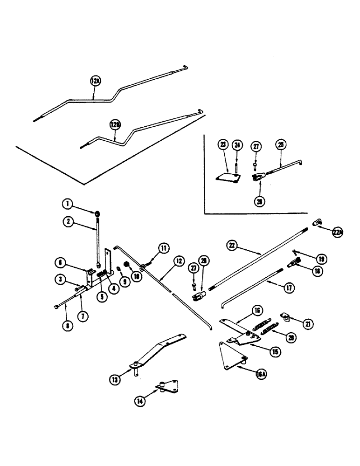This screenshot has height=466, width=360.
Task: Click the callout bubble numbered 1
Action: click(x=68, y=204)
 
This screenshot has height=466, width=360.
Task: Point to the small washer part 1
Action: click(x=97, y=214)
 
